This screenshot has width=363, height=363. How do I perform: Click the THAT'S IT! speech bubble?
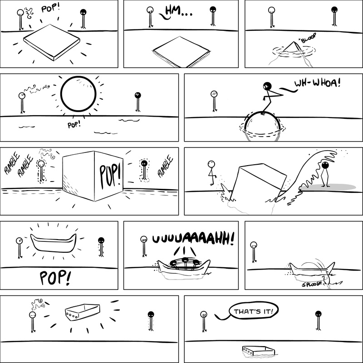pyautogui.click(x=254, y=310)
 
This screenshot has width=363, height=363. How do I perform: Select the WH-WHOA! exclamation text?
pyautogui.click(x=317, y=83)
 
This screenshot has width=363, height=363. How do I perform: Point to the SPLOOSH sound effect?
pyautogui.click(x=312, y=284)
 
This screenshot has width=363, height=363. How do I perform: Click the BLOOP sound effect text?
pyautogui.click(x=309, y=38)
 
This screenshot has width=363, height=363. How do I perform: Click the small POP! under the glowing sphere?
pyautogui.click(x=74, y=125)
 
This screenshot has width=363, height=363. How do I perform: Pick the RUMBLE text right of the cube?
pyautogui.click(x=165, y=166)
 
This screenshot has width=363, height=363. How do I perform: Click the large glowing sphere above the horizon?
pyautogui.click(x=78, y=94)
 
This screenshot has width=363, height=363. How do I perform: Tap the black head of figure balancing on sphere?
pyautogui.click(x=267, y=86)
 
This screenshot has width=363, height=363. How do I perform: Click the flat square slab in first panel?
pyautogui.click(x=52, y=42)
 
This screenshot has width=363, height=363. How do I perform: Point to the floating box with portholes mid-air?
pyautogui.click(x=83, y=312)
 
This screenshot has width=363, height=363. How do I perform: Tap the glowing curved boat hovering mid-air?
pyautogui.click(x=54, y=243)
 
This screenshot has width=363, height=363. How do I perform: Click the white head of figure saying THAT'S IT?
pyautogui.click(x=204, y=314)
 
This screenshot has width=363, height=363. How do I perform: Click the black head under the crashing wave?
pyautogui.click(x=325, y=165)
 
